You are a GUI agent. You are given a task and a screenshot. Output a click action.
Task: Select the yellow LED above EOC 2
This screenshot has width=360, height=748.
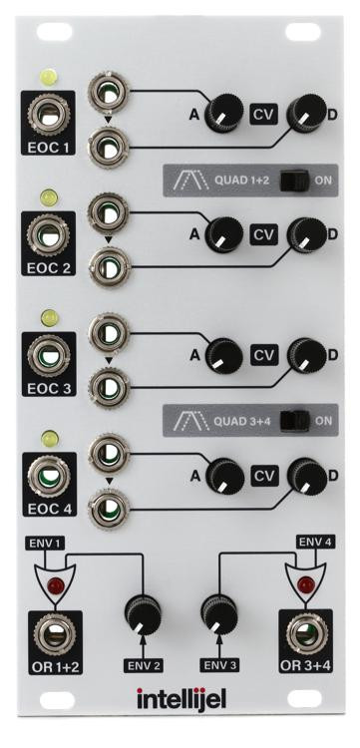pos(46,198)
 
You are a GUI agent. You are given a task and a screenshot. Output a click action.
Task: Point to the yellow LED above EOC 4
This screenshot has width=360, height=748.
pos(46,437)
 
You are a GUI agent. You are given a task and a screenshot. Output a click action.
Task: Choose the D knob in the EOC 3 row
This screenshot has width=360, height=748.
pos(303,354)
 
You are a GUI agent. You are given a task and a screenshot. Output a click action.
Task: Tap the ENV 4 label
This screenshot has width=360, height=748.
pos(314,542)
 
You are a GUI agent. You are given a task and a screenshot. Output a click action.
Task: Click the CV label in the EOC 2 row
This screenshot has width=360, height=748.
pos(263,234)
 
